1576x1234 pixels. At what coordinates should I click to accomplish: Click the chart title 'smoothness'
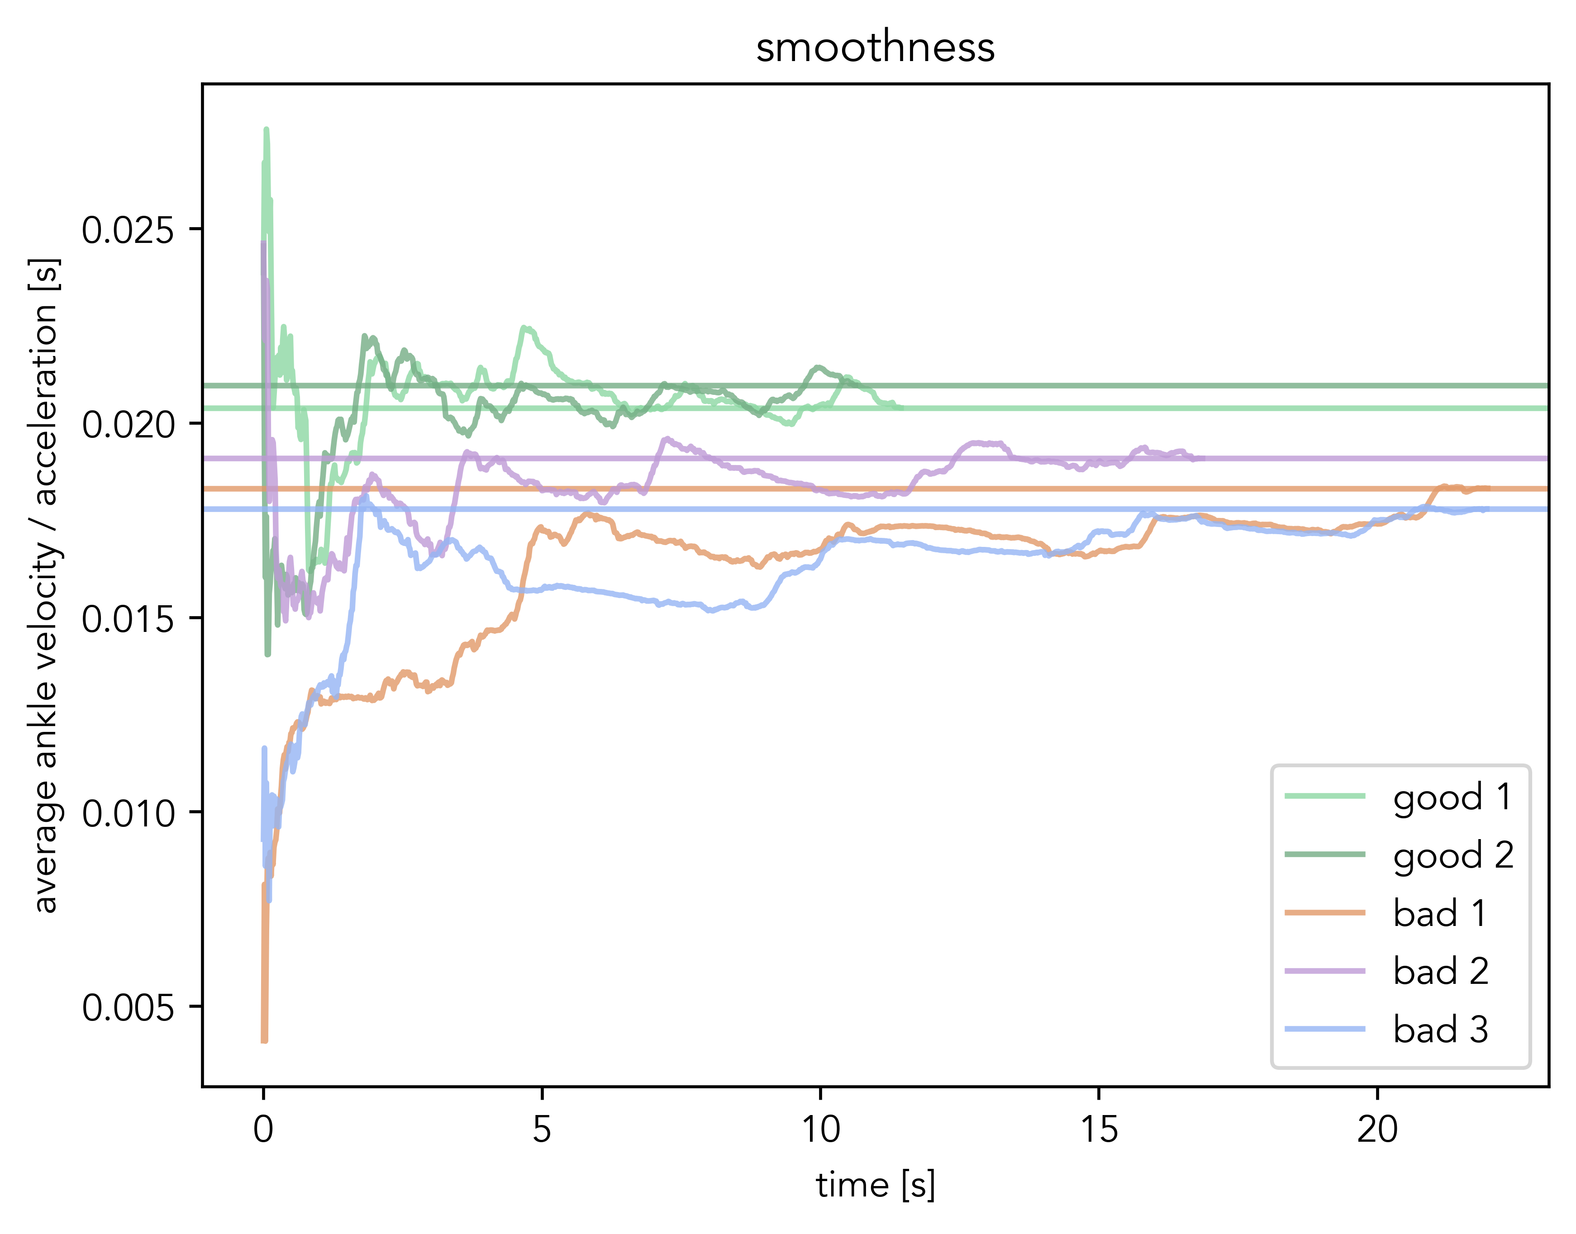coord(875,47)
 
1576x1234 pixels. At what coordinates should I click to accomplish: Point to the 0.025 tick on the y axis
coord(128,231)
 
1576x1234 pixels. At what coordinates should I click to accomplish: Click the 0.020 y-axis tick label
coord(128,424)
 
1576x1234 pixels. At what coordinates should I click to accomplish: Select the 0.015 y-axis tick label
coord(128,619)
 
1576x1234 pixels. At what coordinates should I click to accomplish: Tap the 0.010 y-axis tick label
coord(128,813)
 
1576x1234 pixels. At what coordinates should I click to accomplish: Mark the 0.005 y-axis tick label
coord(128,1008)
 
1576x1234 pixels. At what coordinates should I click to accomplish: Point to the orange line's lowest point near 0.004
coord(264,1039)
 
